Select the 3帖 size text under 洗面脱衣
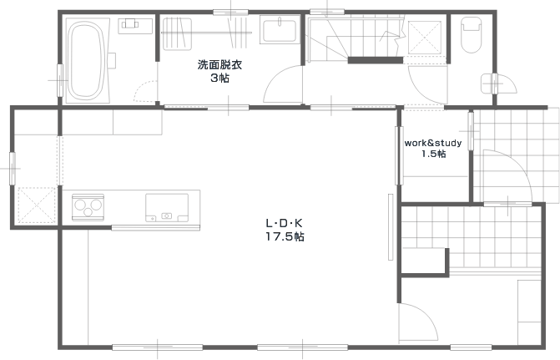pos(219,78)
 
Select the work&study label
pos(432,143)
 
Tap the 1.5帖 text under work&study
pos(432,154)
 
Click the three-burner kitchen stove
pos(88,205)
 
